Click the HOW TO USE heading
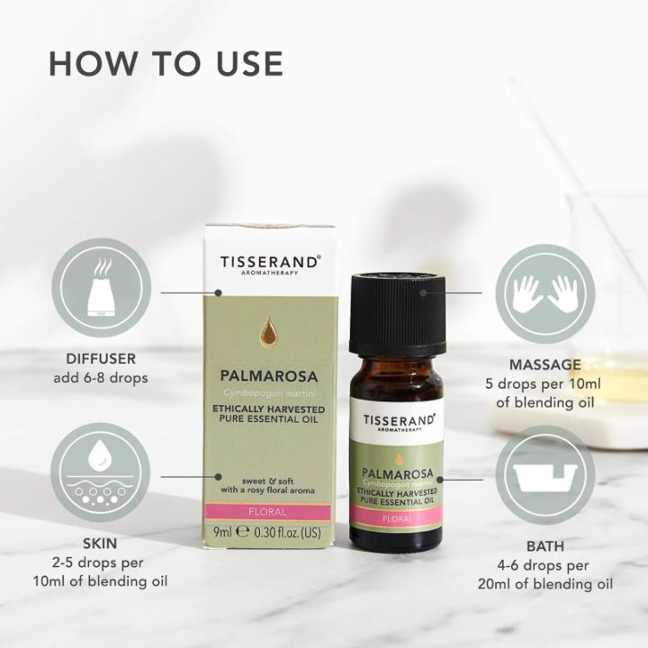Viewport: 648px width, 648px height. point(166,64)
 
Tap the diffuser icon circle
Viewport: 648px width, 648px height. point(101,288)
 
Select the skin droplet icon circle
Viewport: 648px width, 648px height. point(101,472)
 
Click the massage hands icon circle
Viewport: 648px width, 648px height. point(545,293)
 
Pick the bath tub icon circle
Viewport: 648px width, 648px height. point(545,475)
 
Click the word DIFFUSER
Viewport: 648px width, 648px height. point(101,358)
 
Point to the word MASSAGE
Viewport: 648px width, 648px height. point(545,364)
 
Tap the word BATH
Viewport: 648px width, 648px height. point(545,546)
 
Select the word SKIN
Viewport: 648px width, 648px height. point(100,543)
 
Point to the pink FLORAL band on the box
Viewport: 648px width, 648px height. point(268,512)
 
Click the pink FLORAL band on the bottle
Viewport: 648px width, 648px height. point(397,518)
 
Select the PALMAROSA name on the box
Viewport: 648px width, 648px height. point(268,376)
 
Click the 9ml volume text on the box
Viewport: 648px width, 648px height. point(222,532)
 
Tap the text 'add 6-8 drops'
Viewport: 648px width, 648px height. point(101,378)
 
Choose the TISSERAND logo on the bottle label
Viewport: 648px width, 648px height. point(400,422)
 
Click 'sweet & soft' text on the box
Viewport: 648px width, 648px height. point(268,481)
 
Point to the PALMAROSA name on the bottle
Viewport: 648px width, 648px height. point(398,473)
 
